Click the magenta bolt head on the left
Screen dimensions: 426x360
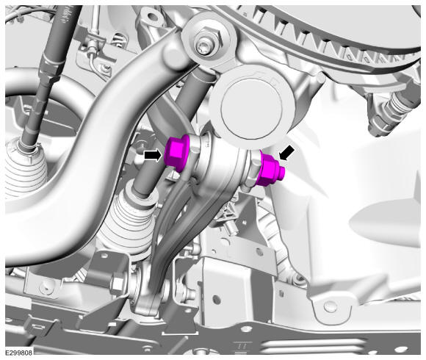176,154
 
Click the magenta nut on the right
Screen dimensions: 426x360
268,168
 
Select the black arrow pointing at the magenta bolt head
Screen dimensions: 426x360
154,156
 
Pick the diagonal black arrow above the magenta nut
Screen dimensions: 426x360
286,152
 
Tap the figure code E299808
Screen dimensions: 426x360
19,353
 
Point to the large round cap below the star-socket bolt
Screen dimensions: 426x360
253,109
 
